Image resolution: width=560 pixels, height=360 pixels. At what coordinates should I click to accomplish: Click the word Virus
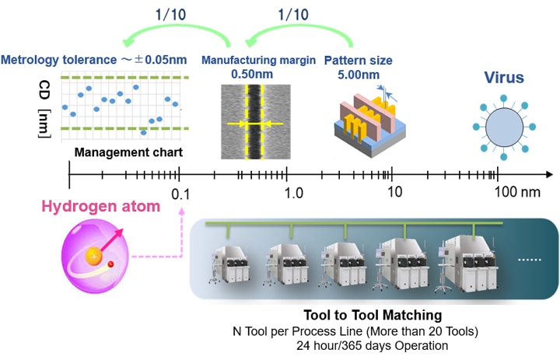pos(503,78)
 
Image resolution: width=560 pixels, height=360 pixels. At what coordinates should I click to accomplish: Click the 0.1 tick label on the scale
pos(181,191)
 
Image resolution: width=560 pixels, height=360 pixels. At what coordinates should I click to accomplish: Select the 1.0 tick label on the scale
pos(293,191)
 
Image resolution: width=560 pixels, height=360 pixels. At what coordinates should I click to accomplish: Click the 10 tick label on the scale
pos(394,191)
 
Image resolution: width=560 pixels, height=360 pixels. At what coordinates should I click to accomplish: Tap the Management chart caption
pos(129,152)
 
